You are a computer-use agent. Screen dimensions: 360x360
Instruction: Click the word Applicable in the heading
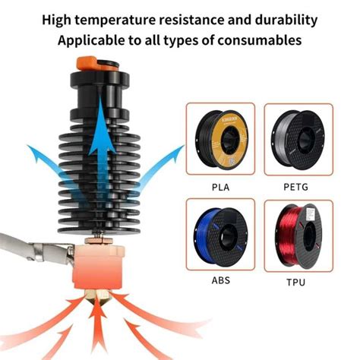pyautogui.click(x=90, y=39)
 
